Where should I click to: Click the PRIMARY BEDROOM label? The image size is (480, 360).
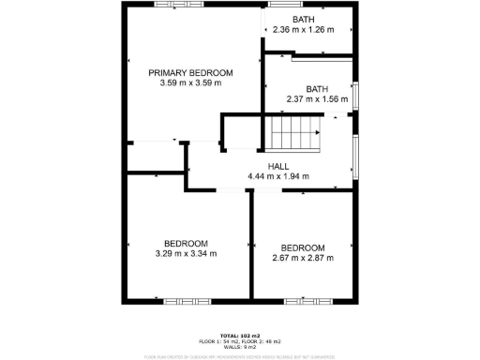click(x=191, y=72)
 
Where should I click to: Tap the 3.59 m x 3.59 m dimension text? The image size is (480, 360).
click(x=191, y=82)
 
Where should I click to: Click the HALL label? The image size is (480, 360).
click(x=278, y=166)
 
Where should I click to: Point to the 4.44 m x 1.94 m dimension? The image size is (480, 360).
click(x=278, y=176)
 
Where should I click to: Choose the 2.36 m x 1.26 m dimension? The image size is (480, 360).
click(x=303, y=30)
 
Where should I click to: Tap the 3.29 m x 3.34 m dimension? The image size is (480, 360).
click(x=186, y=253)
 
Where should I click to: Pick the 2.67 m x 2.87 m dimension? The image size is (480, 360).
click(x=303, y=258)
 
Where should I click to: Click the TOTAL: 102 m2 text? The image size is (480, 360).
click(x=239, y=336)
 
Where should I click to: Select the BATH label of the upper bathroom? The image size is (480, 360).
click(x=303, y=20)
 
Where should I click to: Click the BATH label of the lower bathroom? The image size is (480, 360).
click(x=317, y=89)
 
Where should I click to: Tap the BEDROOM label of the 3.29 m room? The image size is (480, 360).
click(x=186, y=243)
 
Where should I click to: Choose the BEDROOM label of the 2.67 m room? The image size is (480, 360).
click(x=303, y=247)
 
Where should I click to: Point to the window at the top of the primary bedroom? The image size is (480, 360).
click(x=173, y=4)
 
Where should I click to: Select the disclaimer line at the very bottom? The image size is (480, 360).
click(x=239, y=356)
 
